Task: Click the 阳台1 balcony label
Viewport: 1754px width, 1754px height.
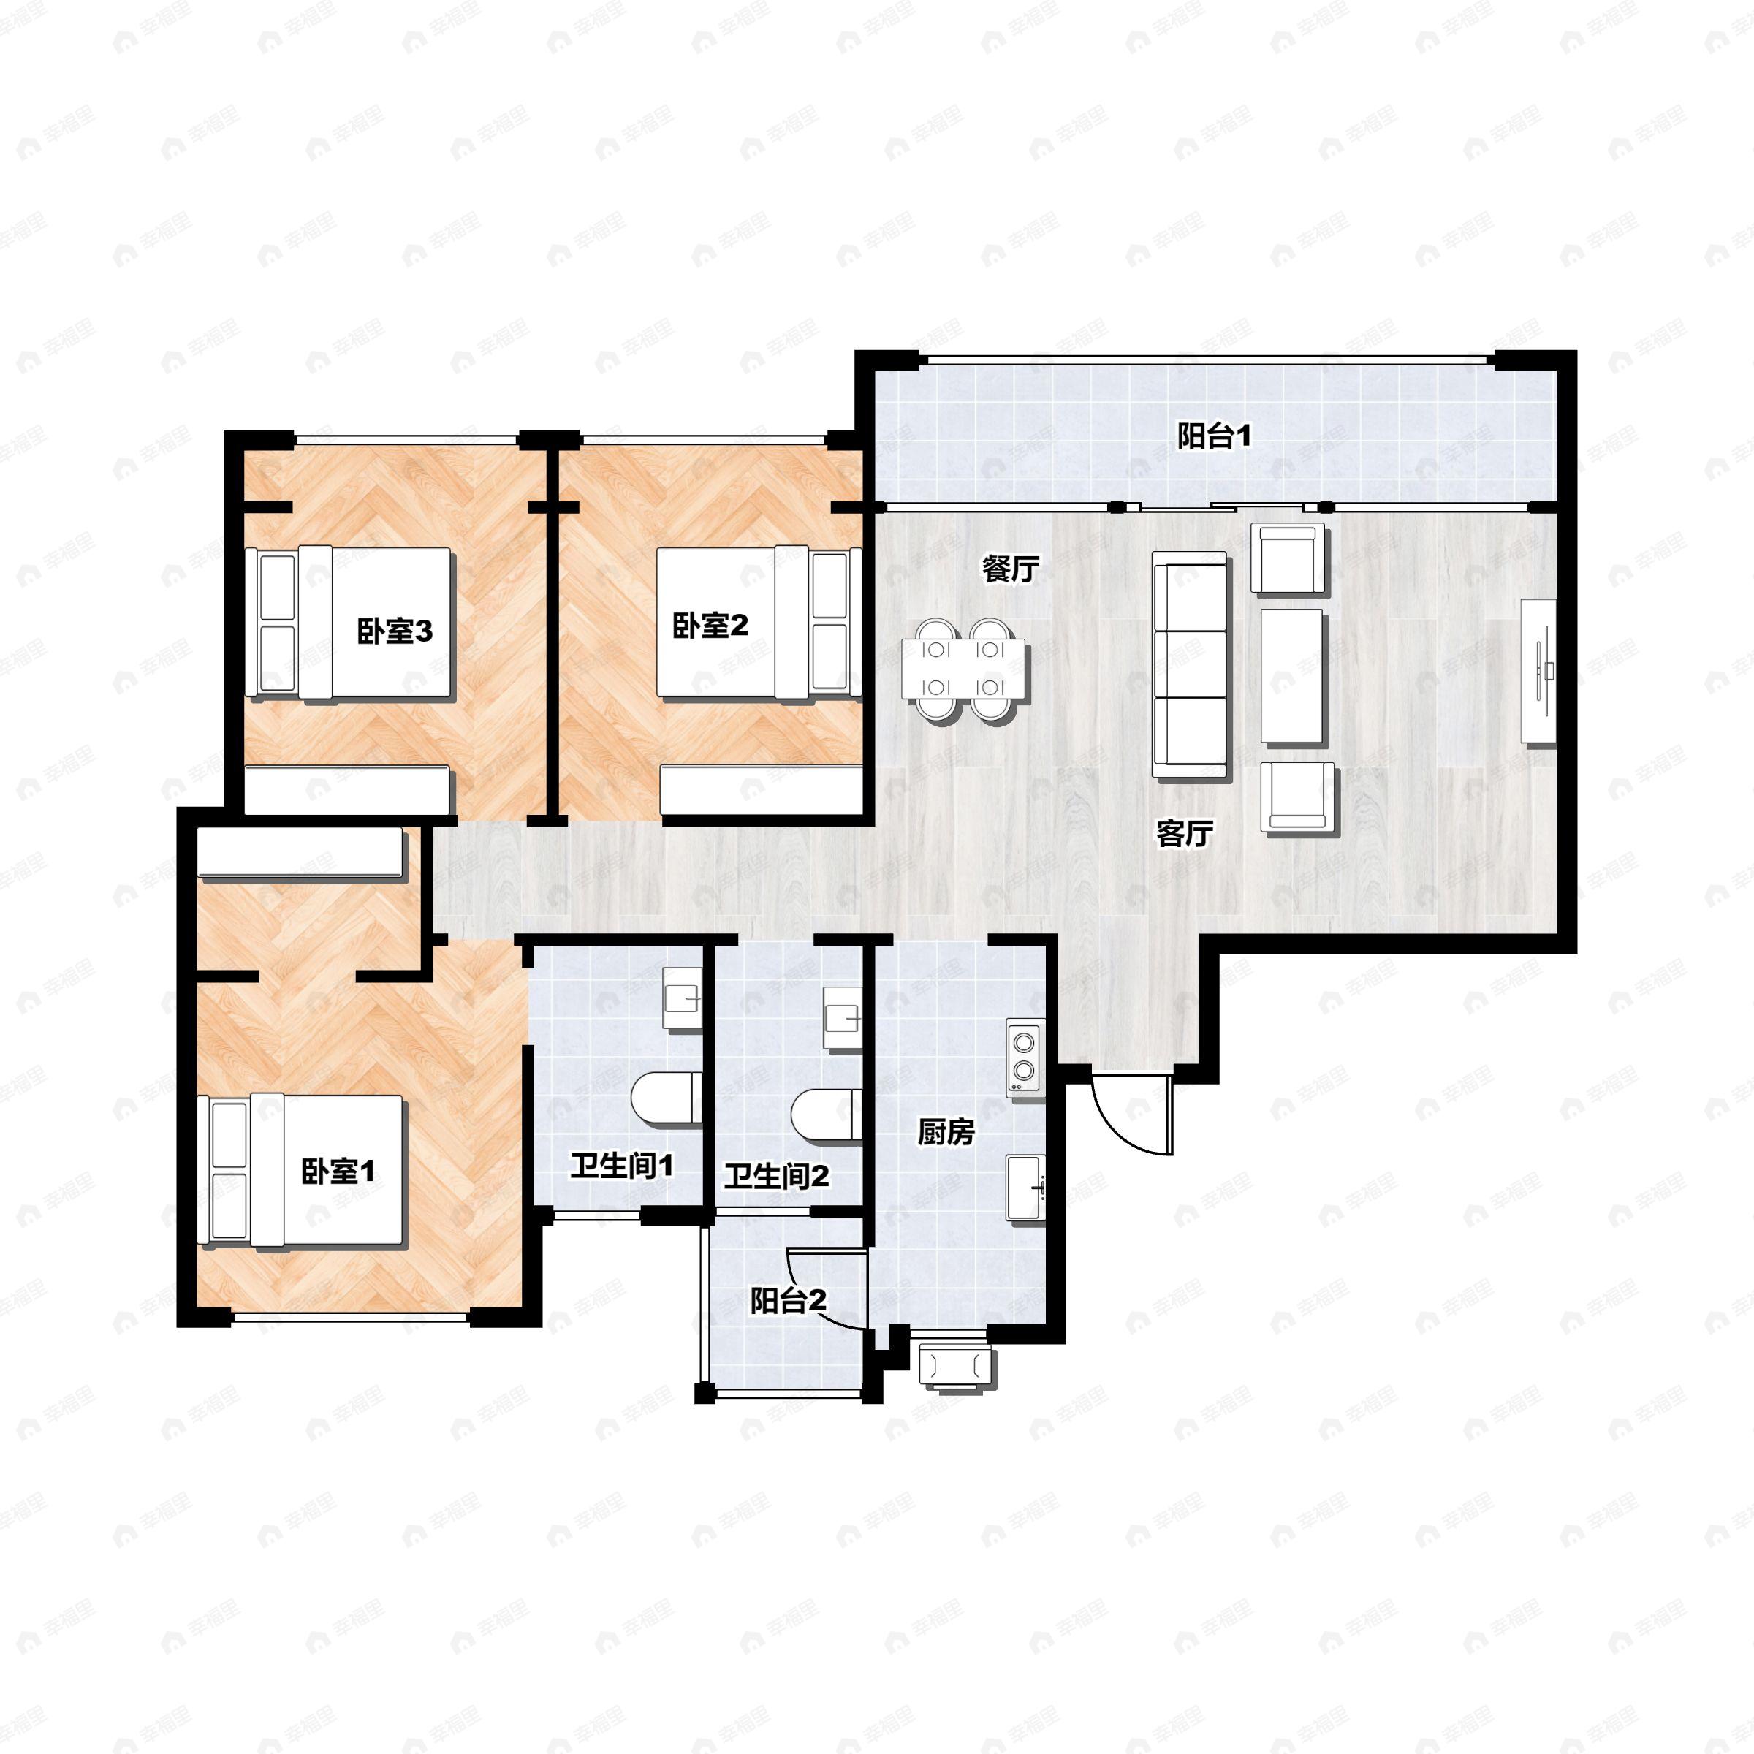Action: tap(1214, 437)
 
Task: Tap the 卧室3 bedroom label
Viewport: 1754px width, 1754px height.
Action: tap(394, 631)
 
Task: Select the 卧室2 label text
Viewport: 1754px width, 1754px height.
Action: tap(710, 625)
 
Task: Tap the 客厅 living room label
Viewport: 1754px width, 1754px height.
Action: tap(1184, 832)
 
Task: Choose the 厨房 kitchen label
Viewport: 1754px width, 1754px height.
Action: tap(945, 1132)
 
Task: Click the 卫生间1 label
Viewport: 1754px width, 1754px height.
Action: tap(622, 1166)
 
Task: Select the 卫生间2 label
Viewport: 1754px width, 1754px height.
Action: tap(776, 1177)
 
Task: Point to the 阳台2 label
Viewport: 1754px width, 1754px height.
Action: tap(787, 1301)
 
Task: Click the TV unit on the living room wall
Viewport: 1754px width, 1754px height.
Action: tap(1538, 672)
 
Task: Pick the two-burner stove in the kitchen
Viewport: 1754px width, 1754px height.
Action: tap(1023, 1057)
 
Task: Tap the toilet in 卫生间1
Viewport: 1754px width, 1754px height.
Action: tap(666, 1097)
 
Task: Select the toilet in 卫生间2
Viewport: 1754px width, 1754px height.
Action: tap(825, 1114)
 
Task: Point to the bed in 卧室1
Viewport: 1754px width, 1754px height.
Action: tap(300, 1170)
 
